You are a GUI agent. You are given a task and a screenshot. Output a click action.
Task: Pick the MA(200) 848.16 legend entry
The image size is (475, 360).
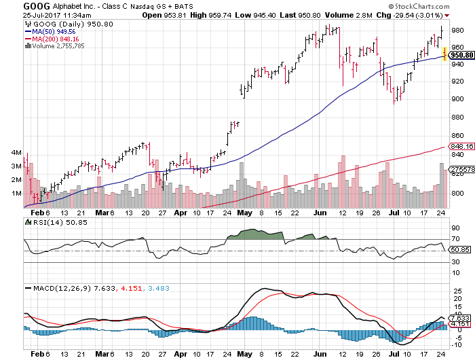pos(53,39)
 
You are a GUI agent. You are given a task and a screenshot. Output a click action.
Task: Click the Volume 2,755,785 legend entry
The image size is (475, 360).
pos(56,46)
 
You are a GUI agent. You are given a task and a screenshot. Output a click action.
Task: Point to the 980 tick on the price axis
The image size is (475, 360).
pos(458,30)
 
